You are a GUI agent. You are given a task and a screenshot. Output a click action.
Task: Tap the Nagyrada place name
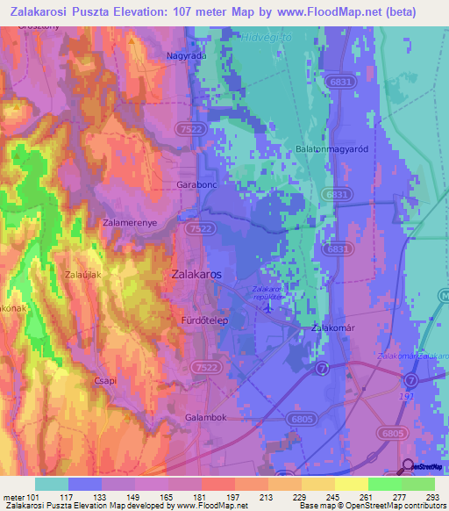tap(185, 55)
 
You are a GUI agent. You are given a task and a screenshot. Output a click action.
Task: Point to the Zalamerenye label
tap(130, 223)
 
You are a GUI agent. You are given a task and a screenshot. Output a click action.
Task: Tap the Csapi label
tap(105, 381)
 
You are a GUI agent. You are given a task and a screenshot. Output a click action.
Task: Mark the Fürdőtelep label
tap(204, 321)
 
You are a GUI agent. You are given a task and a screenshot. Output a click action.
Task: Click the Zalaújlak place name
tap(86, 275)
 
